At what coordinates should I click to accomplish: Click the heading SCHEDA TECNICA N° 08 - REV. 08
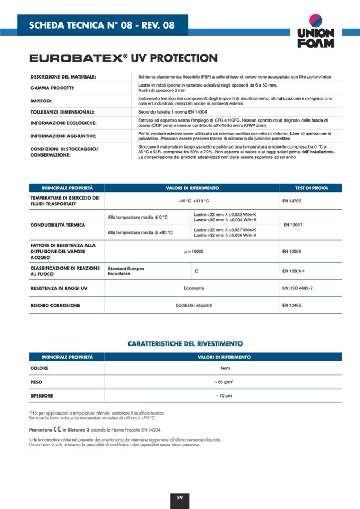tap(101, 25)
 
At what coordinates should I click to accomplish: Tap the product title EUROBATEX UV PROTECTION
tap(123, 58)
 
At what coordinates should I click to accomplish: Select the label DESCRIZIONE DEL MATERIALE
tap(63, 77)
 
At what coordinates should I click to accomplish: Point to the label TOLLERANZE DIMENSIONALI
tap(62, 112)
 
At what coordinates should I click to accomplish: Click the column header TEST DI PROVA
tap(311, 188)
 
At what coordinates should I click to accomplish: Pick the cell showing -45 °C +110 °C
tap(194, 201)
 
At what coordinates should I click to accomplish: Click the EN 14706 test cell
tap(293, 201)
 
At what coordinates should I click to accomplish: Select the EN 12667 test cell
tap(294, 225)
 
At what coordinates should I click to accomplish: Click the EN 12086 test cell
tap(293, 251)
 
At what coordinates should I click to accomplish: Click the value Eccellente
tap(194, 288)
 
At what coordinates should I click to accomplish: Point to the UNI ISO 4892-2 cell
tap(297, 288)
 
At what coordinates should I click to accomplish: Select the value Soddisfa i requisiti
tap(193, 305)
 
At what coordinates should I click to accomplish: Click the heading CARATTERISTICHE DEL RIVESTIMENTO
tap(185, 344)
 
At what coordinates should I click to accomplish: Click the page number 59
tap(180, 497)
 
